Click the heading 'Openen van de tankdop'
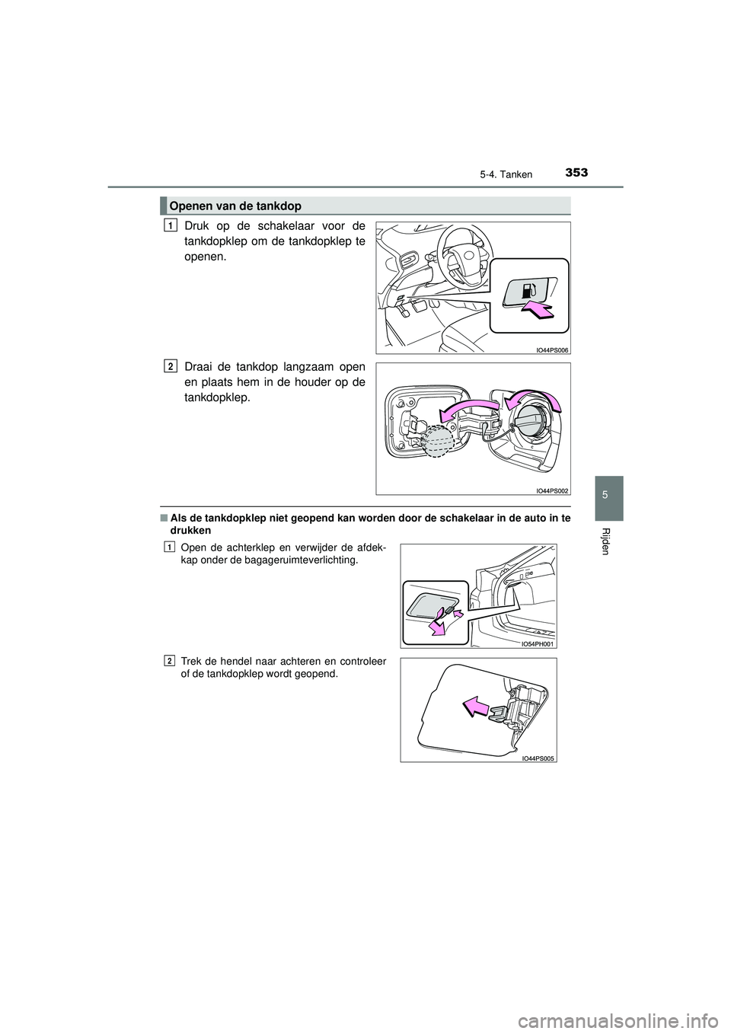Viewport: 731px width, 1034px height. coord(235,206)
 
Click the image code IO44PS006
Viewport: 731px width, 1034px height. coord(551,349)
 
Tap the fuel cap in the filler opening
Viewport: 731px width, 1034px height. coord(531,421)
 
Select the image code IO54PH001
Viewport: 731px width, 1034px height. coord(538,643)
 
